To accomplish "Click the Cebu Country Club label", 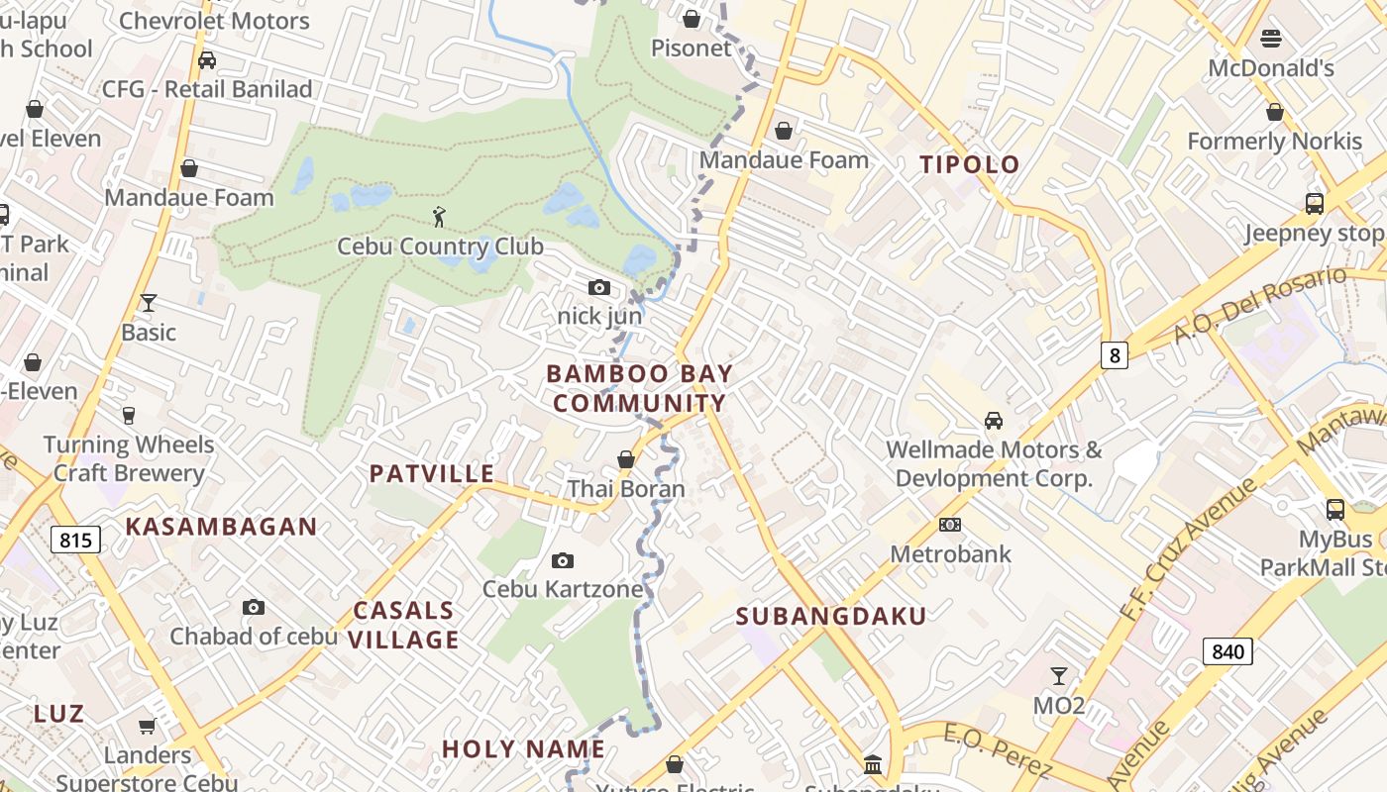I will pos(440,247).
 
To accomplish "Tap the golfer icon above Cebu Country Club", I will pos(440,215).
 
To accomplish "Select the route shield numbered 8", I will pos(1115,354).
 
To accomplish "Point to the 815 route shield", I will pos(75,540).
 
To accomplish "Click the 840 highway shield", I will pos(1227,650).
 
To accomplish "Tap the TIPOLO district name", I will pos(970,164).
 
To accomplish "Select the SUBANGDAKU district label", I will pos(831,616).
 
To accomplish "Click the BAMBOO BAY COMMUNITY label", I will pos(639,388).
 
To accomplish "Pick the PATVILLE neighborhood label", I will pos(432,473).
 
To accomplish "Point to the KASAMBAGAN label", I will pos(221,527).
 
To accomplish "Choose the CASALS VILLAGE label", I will pos(404,625).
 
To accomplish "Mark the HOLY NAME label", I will pos(523,748).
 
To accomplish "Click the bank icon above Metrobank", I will pos(949,525).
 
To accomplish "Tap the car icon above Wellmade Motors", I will pos(994,421).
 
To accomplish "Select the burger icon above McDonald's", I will pos(1271,39).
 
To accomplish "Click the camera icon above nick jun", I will pos(599,288).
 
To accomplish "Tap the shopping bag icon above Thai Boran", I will pos(626,459).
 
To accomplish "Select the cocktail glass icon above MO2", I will pos(1059,676).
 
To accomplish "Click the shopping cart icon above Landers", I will pos(148,727).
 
